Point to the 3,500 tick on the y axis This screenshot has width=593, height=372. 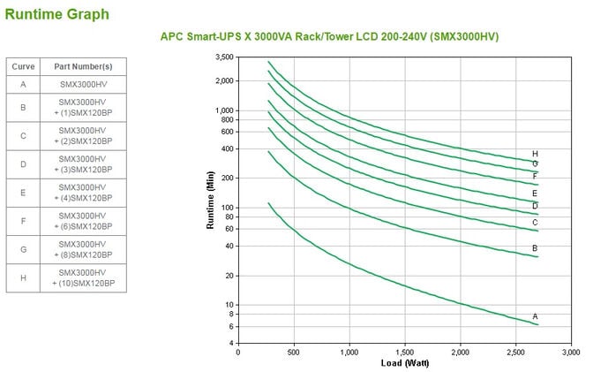pos(224,57)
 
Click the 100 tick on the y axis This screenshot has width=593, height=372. pos(228,208)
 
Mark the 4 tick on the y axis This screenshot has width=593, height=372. pos(231,343)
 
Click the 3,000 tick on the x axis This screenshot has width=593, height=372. pos(572,351)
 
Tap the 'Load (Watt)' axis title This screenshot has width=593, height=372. pos(404,362)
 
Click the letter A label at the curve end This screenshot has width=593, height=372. pos(535,316)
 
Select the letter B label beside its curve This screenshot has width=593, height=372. pos(535,248)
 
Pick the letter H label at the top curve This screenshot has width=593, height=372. pos(535,154)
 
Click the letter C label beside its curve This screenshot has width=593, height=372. pos(535,223)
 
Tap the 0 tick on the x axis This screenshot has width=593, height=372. pos(238,351)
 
